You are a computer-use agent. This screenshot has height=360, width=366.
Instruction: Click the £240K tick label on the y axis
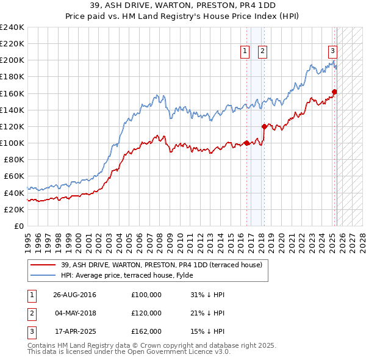(12, 27)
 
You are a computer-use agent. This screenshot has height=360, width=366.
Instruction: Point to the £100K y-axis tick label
(12, 143)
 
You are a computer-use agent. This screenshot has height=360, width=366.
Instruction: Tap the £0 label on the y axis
(18, 226)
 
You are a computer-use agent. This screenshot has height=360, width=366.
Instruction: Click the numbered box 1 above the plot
(245, 52)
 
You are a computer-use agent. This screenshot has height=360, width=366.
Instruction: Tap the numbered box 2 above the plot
(262, 52)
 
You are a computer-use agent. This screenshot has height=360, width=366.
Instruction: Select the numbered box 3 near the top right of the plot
(333, 51)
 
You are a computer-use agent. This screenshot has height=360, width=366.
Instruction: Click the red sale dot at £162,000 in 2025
(334, 92)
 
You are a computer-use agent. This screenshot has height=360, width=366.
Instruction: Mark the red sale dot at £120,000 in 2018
(264, 126)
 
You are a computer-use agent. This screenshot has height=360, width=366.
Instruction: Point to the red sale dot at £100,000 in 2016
(246, 143)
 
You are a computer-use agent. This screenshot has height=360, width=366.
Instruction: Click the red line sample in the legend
(43, 265)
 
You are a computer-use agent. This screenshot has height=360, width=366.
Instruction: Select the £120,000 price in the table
(146, 313)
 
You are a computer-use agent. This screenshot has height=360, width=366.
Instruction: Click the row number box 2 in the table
(31, 313)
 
